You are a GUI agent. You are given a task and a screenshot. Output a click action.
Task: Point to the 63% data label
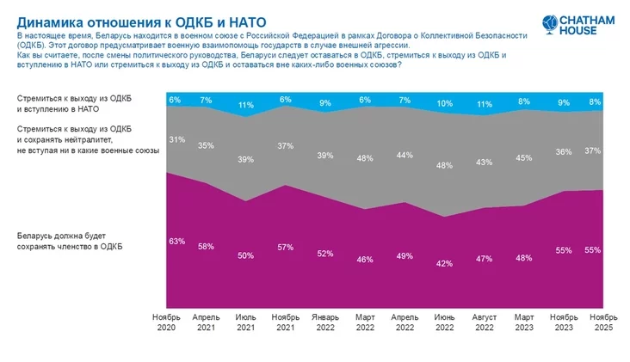tap(177, 241)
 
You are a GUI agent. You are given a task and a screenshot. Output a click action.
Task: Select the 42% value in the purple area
tap(444, 263)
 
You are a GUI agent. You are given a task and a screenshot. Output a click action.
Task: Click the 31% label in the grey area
tap(176, 140)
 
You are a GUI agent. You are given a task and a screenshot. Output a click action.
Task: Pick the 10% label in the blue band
tap(444, 104)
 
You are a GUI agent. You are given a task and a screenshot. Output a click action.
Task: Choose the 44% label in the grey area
tap(405, 155)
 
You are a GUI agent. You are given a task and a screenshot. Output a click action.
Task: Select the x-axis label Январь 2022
tap(326, 322)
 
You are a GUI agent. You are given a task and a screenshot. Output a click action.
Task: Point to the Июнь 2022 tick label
tap(444, 322)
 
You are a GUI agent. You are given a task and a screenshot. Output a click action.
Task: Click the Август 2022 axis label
tap(485, 322)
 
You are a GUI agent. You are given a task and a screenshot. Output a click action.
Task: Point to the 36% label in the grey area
tap(564, 151)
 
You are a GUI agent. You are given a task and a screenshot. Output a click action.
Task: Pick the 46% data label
tap(366, 259)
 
